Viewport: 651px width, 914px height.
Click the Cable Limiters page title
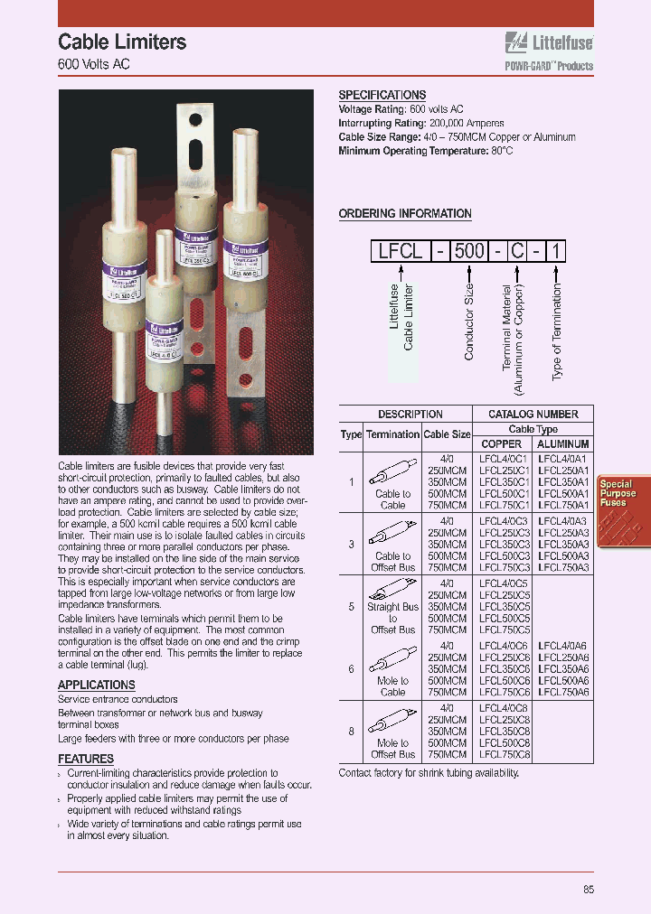pyautogui.click(x=122, y=42)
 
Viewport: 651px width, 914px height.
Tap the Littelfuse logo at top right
pyautogui.click(x=548, y=41)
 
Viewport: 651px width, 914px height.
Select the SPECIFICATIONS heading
pyautogui.click(x=382, y=95)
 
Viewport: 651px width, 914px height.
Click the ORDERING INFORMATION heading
pyautogui.click(x=405, y=214)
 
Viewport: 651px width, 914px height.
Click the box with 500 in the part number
pyautogui.click(x=469, y=251)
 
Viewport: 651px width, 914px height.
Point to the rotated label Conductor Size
pyautogui.click(x=469, y=322)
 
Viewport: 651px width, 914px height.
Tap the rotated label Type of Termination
pyautogui.click(x=557, y=331)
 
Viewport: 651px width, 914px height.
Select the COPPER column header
pyautogui.click(x=502, y=443)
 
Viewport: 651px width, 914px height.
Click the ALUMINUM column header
pyautogui.click(x=563, y=443)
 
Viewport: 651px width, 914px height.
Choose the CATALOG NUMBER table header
pyautogui.click(x=533, y=415)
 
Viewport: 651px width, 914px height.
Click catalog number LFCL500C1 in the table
pyautogui.click(x=504, y=494)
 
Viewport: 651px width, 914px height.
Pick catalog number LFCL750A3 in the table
pyautogui.click(x=563, y=567)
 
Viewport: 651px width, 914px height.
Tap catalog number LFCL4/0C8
pyautogui.click(x=504, y=708)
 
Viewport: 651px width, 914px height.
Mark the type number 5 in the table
pyautogui.click(x=351, y=607)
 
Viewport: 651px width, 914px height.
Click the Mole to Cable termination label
pyautogui.click(x=393, y=686)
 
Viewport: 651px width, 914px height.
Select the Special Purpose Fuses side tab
pyautogui.click(x=617, y=493)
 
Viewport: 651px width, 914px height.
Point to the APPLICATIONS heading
pyautogui.click(x=97, y=685)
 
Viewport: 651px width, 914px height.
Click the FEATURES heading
pyautogui.click(x=86, y=759)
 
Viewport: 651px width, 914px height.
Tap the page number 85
pyautogui.click(x=589, y=890)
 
